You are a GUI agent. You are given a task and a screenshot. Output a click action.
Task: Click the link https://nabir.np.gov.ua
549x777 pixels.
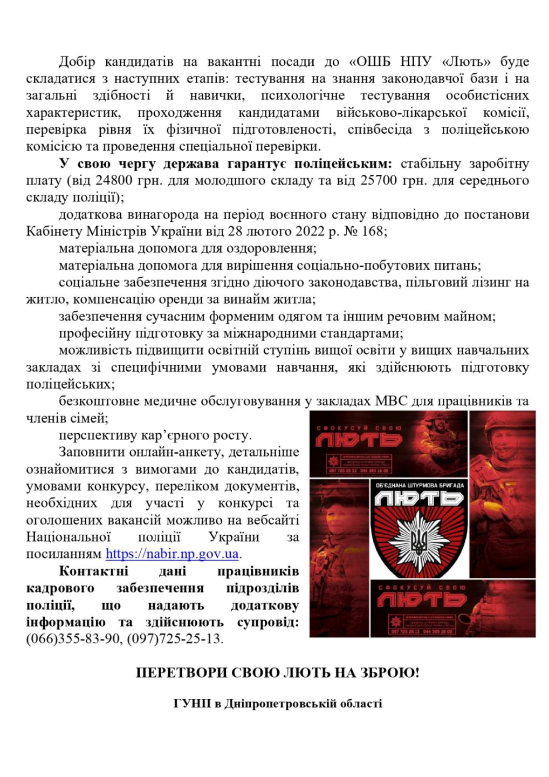tap(173, 554)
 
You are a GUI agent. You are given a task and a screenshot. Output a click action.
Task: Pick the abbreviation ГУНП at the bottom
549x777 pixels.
tap(189, 704)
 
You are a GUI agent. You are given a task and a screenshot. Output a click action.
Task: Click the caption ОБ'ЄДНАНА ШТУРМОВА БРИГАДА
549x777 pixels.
tap(419, 486)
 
